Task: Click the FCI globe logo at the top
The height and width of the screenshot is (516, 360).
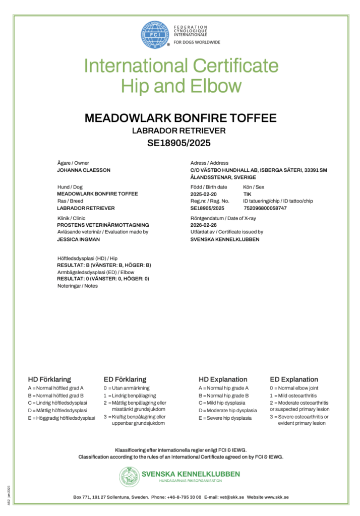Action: coord(155,34)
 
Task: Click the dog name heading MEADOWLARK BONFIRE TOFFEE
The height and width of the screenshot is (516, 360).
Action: coord(181,118)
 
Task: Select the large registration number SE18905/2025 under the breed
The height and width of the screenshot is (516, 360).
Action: coord(180,143)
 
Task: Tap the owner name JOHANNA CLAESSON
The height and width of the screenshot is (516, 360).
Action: coord(84,170)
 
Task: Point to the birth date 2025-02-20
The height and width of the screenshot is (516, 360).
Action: coord(203,194)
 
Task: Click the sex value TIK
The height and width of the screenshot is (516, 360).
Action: coord(247,194)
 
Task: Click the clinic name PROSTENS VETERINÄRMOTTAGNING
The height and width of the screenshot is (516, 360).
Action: coord(103,225)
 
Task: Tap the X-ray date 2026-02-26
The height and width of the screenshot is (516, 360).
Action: coord(203,225)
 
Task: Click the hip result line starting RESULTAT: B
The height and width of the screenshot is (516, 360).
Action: coord(104,265)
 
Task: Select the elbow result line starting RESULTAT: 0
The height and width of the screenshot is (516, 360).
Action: coord(103,278)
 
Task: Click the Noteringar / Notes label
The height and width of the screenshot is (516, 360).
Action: coord(77,286)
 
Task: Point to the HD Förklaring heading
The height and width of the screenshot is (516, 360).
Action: coord(49,379)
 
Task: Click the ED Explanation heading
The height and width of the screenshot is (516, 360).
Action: coord(294,379)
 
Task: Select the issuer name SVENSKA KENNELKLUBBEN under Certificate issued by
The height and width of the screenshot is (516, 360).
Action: coord(225,239)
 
